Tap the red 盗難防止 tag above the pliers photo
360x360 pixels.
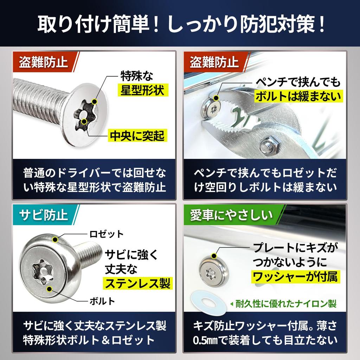click(x=214, y=62)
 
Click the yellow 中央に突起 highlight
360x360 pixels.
click(x=137, y=135)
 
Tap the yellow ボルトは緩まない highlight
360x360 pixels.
click(x=299, y=95)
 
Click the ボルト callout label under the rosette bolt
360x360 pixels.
click(x=102, y=301)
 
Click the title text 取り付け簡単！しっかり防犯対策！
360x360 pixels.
click(x=180, y=24)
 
